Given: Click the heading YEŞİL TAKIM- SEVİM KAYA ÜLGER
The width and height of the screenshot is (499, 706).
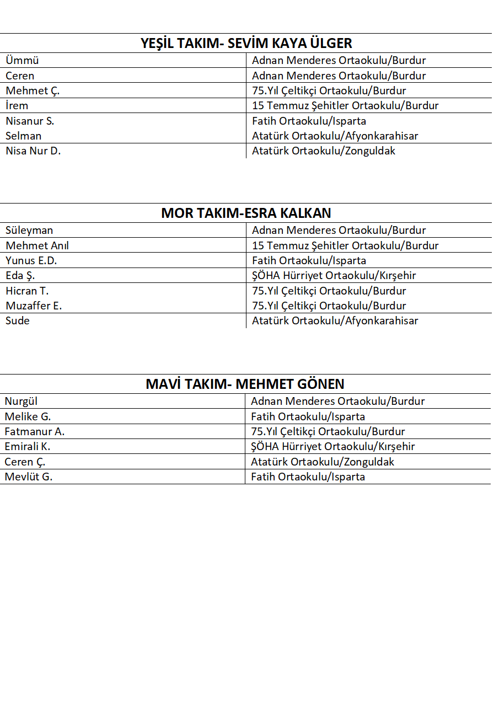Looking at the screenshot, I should point(246,44).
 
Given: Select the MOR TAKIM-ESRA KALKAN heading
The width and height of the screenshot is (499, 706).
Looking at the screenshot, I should point(246,213).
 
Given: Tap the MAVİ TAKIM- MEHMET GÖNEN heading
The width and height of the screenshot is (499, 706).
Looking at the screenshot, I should point(245,384).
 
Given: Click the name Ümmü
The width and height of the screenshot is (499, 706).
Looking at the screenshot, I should point(22,61).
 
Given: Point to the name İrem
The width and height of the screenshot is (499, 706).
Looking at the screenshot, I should point(17,106).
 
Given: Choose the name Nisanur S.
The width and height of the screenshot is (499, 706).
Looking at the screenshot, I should point(30,121).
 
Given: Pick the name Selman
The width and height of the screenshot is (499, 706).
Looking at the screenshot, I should point(24,136).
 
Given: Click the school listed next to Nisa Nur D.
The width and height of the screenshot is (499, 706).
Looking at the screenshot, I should point(324,151).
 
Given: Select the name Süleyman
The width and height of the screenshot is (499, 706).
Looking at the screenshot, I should point(29,231).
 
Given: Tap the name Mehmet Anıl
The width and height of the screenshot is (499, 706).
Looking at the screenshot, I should point(37,246).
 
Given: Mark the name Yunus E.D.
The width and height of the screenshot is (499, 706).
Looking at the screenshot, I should point(31,261).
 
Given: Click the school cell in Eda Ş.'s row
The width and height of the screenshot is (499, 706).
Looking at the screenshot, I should point(334,276).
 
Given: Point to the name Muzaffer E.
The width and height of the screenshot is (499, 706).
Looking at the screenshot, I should point(34,306).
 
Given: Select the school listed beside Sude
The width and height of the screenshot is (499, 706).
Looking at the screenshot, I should point(335,321).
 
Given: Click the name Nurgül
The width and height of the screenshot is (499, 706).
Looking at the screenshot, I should point(21,402).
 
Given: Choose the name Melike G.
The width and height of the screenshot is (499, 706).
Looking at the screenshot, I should point(28,417).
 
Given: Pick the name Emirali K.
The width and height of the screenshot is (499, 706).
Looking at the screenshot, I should point(28,447).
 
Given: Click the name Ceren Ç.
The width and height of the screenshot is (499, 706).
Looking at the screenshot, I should point(25,462).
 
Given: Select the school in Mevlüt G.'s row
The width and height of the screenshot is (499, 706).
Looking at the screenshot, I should point(308,477).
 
